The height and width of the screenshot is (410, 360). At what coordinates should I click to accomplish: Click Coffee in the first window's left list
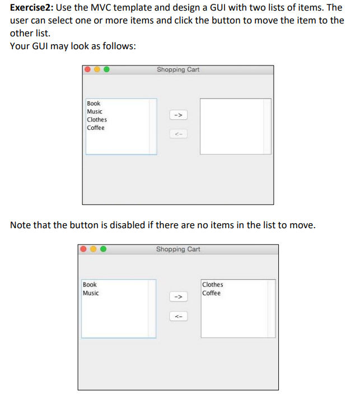pos(96,128)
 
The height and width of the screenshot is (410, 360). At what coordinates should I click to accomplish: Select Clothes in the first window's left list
pos(97,119)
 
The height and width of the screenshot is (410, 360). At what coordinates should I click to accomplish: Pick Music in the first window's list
pos(95,111)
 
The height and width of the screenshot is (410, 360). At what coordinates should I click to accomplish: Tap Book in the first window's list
pos(93,103)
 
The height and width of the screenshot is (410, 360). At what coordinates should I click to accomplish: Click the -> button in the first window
pos(178,115)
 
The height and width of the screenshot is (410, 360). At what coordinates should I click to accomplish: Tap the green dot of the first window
pos(106,70)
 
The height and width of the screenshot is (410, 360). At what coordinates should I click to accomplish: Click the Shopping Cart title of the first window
pos(178,70)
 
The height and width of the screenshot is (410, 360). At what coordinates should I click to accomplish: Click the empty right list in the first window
pos(235,126)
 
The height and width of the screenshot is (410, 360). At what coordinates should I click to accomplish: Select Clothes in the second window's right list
pos(212,285)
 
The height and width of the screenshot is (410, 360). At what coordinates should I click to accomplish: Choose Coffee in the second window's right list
pos(211,293)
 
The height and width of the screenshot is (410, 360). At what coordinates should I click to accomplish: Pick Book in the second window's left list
pos(90,285)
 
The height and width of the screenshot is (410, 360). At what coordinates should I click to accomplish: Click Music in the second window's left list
pos(91,293)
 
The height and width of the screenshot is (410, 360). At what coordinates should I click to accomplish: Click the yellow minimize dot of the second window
pos(93,249)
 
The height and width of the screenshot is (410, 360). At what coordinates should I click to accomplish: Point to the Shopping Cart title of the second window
pos(178,249)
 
